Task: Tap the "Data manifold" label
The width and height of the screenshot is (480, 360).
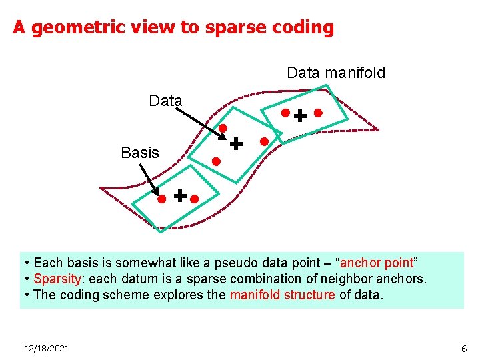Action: pos(336,73)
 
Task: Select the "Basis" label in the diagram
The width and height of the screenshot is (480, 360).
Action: pos(140,153)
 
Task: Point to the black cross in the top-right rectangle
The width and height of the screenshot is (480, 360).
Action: pos(301,116)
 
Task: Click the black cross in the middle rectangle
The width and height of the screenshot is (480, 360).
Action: pos(236,143)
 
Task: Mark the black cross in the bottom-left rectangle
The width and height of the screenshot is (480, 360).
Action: pos(180,195)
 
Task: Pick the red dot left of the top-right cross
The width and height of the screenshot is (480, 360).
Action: pos(285,113)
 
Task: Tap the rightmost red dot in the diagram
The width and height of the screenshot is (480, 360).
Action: pos(318,113)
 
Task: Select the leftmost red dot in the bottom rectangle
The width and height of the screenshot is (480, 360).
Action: pos(161,199)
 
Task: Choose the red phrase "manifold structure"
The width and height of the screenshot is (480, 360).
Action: pos(282,295)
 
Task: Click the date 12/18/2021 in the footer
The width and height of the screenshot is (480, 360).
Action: pos(47,348)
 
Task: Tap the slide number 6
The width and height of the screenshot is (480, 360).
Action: pos(464,348)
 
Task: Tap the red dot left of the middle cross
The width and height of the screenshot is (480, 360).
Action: pos(216,161)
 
